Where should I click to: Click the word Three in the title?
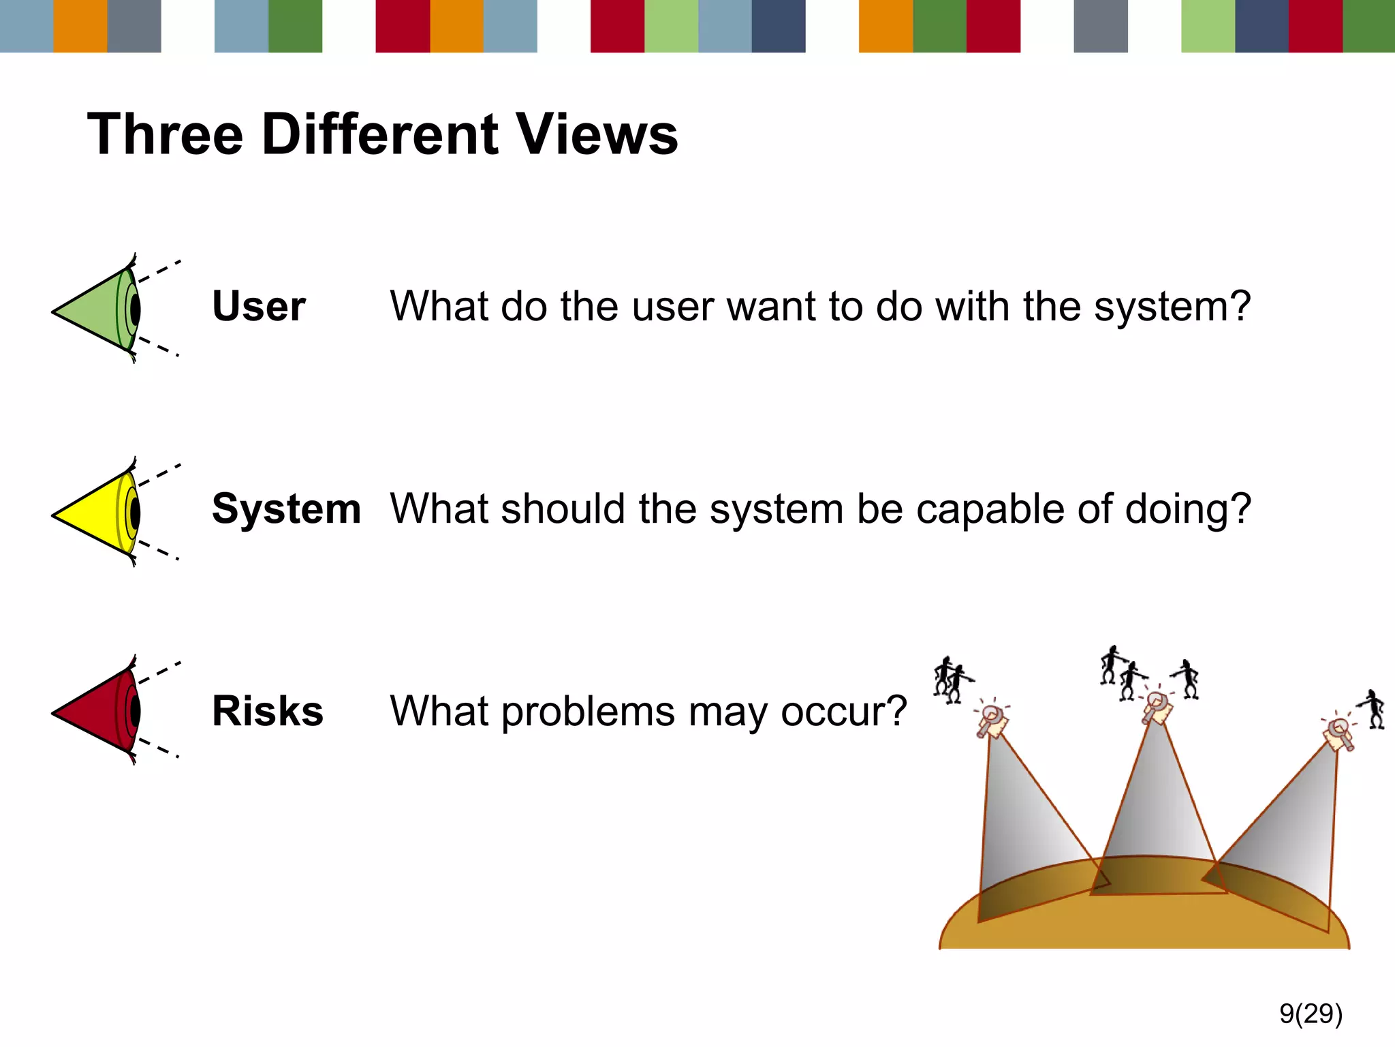tap(166, 134)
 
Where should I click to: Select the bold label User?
tap(259, 306)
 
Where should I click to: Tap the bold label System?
tap(286, 509)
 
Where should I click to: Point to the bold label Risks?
tap(268, 711)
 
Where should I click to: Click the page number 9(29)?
tap(1311, 1014)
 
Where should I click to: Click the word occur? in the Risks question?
tap(844, 712)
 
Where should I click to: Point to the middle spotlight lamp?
tap(1157, 708)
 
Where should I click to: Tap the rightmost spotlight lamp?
tap(1339, 734)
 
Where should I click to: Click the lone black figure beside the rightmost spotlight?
tap(1375, 709)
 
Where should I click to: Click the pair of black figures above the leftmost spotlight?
tap(950, 679)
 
